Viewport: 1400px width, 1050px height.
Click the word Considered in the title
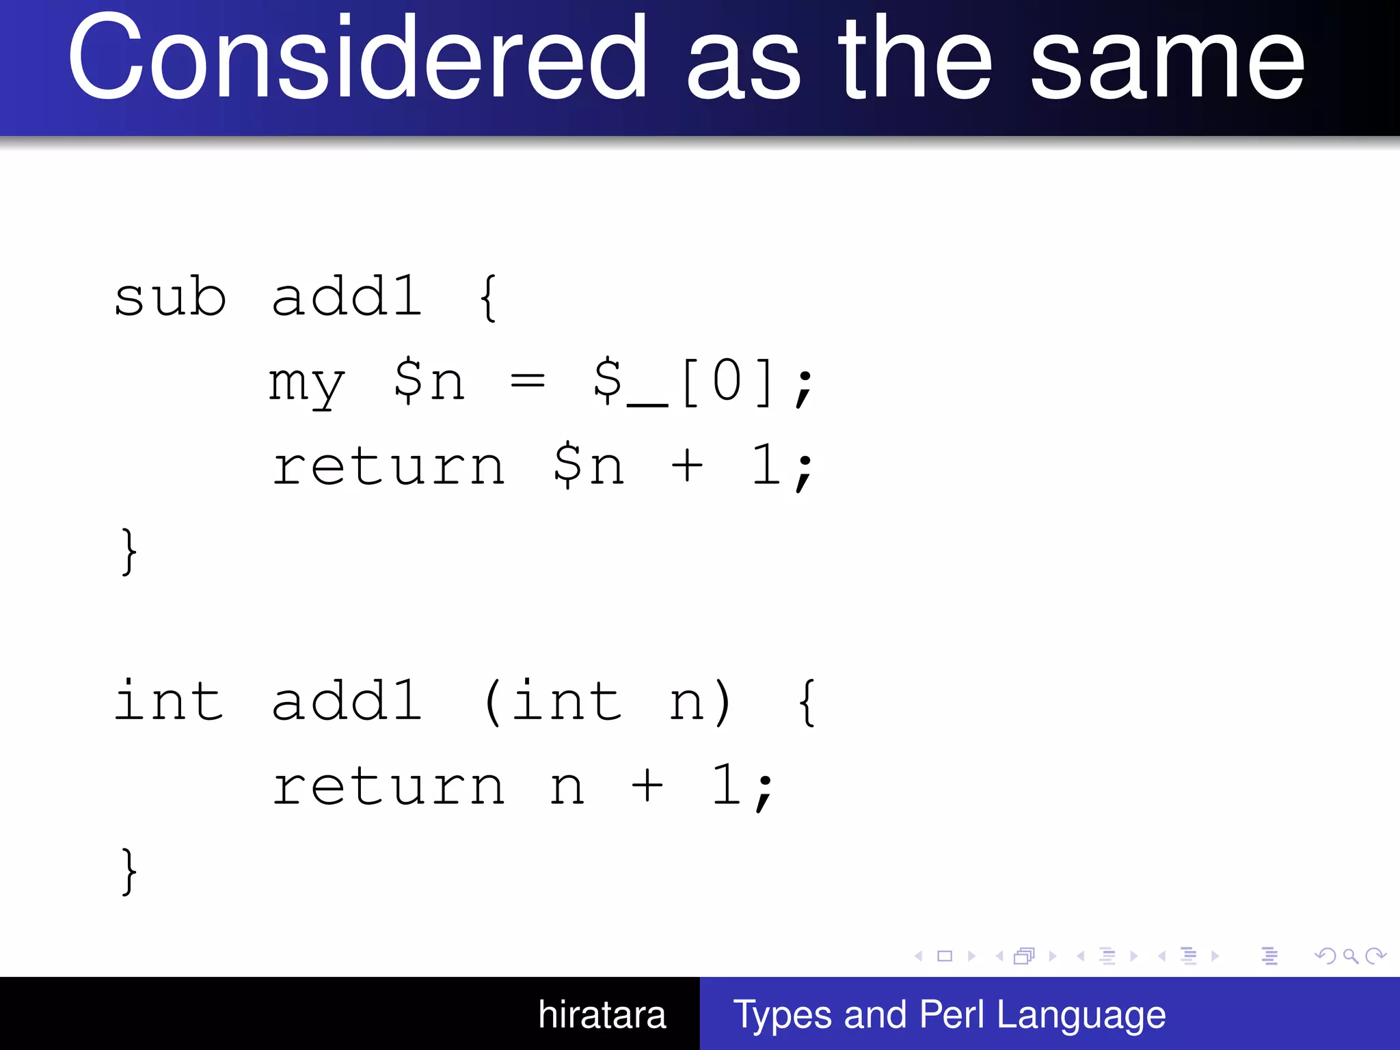click(x=355, y=58)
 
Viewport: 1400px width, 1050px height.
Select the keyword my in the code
click(x=306, y=383)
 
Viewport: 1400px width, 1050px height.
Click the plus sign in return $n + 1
click(x=686, y=466)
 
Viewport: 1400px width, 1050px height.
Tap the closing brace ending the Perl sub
click(x=129, y=551)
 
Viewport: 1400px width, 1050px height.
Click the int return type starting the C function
click(x=168, y=701)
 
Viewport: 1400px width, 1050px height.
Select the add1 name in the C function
click(x=347, y=701)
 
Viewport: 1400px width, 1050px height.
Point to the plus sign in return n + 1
click(x=647, y=786)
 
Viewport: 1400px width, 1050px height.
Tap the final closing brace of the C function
click(x=129, y=871)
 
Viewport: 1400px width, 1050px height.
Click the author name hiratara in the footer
click(x=602, y=1014)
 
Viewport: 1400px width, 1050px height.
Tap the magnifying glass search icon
click(x=1350, y=956)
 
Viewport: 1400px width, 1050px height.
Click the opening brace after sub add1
click(x=488, y=298)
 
